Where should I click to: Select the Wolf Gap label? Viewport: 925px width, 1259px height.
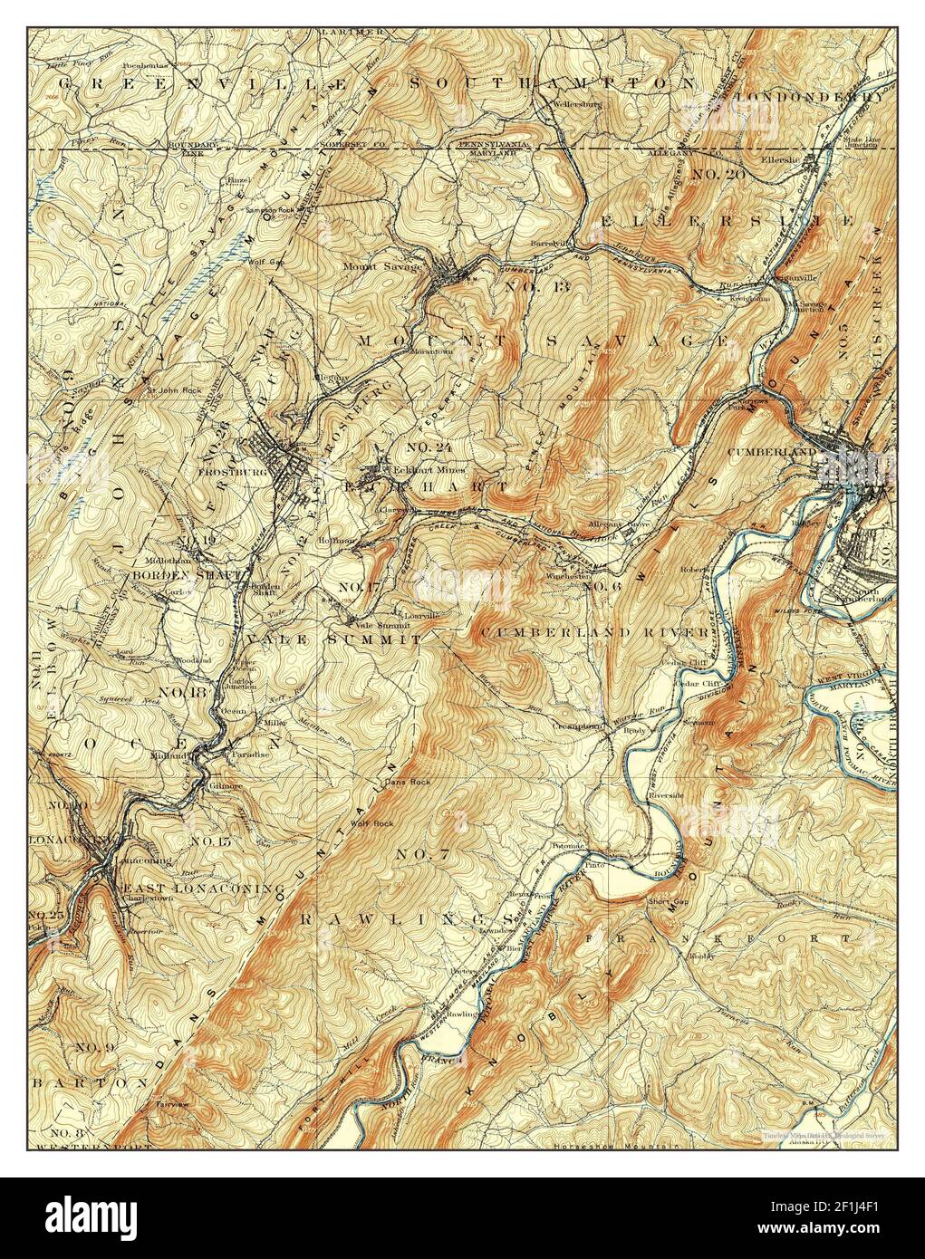(x=264, y=263)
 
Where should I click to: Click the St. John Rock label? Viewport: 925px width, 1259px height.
(x=168, y=391)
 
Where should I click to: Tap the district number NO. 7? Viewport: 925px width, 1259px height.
(x=422, y=855)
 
